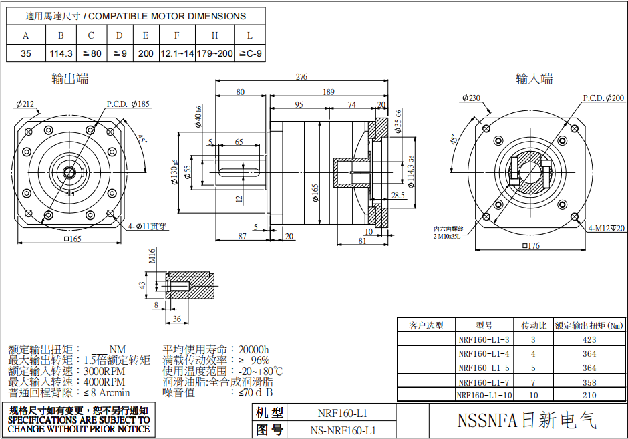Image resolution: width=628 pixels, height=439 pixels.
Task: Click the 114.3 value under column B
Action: coord(60,53)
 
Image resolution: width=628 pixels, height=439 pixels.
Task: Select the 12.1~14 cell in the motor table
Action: coord(177,53)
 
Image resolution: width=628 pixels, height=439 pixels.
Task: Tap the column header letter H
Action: coord(214,35)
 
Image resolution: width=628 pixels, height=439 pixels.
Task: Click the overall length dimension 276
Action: coord(301,77)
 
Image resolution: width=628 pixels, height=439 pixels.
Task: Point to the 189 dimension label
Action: coord(328,92)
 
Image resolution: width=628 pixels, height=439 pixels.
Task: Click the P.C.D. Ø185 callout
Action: coord(128,104)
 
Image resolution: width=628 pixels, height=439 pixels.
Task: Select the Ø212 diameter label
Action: coord(25,104)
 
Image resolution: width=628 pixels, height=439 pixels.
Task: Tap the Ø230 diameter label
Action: coord(471,98)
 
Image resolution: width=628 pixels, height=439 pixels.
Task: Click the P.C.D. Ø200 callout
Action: coord(603,98)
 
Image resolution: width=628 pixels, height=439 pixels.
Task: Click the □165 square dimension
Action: coord(71,239)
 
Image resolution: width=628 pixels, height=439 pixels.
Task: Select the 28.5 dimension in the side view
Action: coord(398,196)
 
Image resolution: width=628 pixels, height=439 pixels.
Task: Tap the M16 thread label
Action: coord(152,255)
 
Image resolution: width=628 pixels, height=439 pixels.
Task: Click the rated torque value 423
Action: coord(589,339)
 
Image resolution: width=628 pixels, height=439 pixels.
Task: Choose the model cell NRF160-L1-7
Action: coord(484,382)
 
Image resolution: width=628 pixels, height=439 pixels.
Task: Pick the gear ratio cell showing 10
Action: coord(533,395)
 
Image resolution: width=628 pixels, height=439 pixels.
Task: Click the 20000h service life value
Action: coord(254,349)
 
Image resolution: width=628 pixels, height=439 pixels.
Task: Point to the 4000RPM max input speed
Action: coord(104,382)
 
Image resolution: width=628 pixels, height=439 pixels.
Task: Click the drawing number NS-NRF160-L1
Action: coord(343,430)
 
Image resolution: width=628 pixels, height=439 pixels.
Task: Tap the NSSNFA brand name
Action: coord(526,420)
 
